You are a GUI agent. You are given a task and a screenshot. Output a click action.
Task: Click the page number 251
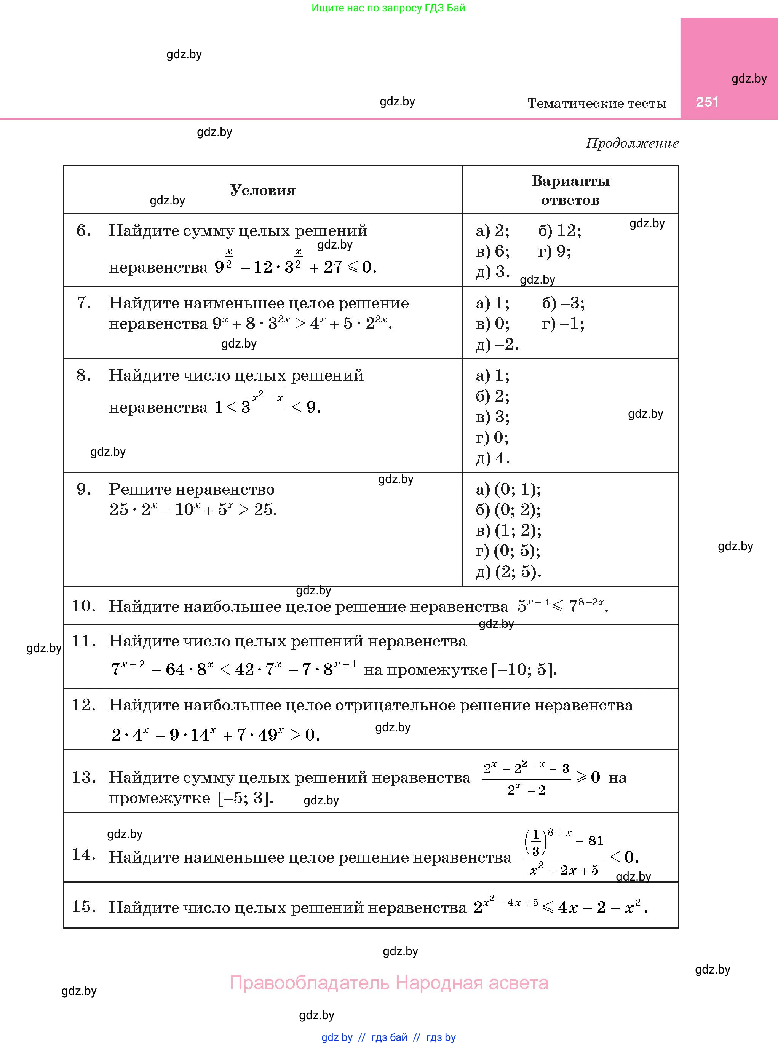point(707,102)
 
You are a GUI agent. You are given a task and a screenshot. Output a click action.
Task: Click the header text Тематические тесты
point(597,103)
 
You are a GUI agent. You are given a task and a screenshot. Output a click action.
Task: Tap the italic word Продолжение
point(632,143)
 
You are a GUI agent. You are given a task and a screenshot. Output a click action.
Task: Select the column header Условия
point(262,190)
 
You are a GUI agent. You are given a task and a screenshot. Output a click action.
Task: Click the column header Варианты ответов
point(570,190)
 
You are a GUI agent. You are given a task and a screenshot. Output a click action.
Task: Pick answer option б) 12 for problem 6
point(559,231)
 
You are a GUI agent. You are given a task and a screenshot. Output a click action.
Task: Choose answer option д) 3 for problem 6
point(493,271)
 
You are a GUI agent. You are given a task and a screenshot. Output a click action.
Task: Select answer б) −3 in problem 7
point(563,303)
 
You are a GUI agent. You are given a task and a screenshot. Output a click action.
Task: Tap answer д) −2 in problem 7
point(497,345)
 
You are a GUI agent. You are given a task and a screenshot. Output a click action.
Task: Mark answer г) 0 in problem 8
point(492,438)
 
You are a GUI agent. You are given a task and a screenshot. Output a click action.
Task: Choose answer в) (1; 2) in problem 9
point(509,531)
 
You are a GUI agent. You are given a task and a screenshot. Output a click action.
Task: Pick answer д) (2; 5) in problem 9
point(509,572)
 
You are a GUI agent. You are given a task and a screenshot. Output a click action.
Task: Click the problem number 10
point(83,606)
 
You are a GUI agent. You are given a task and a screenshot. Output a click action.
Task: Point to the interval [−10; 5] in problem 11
point(524,669)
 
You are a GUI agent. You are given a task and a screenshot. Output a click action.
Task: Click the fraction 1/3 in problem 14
point(535,843)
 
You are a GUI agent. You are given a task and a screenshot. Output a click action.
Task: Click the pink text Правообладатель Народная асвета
point(388,983)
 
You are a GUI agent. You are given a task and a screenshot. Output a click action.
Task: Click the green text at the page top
point(388,8)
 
